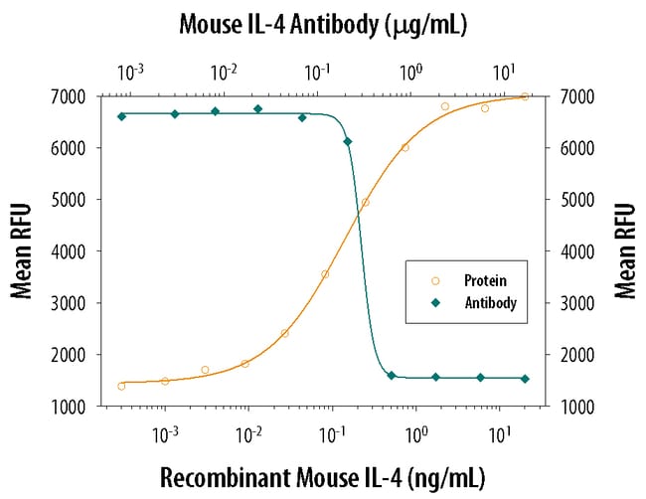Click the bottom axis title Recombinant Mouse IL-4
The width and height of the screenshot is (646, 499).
pyautogui.click(x=323, y=477)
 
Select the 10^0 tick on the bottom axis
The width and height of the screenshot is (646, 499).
pyautogui.click(x=417, y=433)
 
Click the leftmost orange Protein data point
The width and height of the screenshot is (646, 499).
pyautogui.click(x=121, y=386)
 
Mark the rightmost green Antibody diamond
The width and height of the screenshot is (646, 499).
pyautogui.click(x=526, y=379)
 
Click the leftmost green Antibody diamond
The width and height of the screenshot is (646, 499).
pyautogui.click(x=121, y=116)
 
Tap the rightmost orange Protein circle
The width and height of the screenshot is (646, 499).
pyautogui.click(x=525, y=96)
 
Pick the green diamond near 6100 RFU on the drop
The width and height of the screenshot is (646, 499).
pyautogui.click(x=347, y=142)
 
